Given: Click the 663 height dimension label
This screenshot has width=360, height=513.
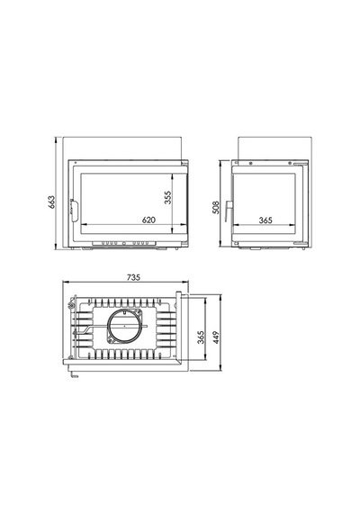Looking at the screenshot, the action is click(x=51, y=202).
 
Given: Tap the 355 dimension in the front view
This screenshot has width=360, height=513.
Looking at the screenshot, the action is click(x=167, y=198).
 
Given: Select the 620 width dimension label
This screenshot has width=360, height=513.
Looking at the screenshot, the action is click(x=148, y=220).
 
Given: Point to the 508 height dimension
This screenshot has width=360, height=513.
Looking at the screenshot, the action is click(x=216, y=207).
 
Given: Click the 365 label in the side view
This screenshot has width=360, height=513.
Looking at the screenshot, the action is click(x=265, y=220).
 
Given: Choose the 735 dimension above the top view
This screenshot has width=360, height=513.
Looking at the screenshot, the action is click(x=133, y=277).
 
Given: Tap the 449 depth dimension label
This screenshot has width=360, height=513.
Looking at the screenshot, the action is click(x=216, y=337).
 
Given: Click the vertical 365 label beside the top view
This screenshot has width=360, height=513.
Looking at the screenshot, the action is click(x=201, y=337).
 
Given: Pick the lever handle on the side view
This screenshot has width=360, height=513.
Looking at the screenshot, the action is click(x=229, y=211).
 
